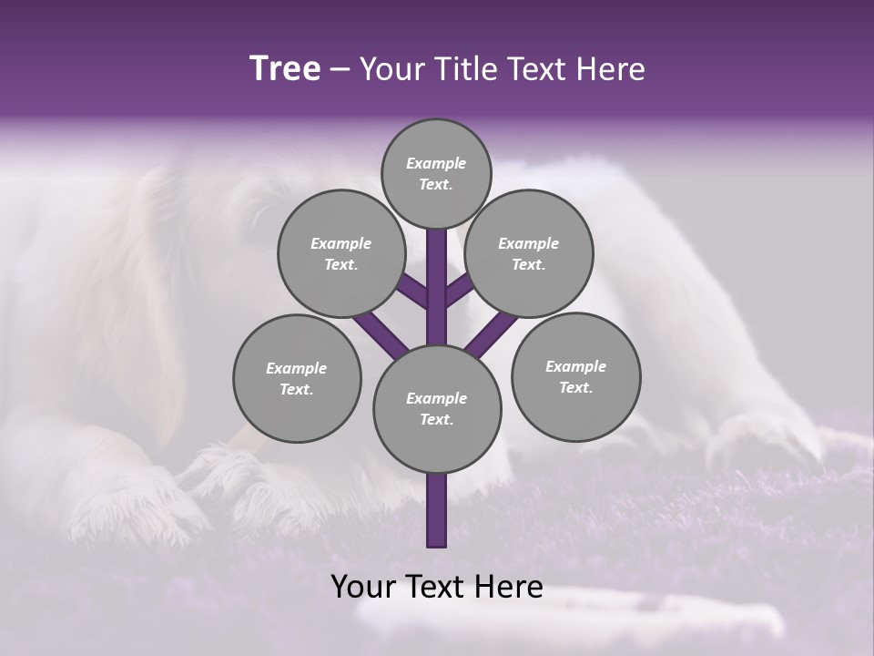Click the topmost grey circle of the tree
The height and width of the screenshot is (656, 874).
(x=436, y=173)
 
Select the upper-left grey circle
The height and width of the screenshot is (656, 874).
(x=341, y=253)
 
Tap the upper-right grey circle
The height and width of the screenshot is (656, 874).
(x=529, y=253)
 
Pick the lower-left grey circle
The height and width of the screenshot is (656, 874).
(x=297, y=378)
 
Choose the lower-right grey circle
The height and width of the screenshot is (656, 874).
(x=575, y=376)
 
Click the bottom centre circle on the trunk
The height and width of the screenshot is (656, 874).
(x=437, y=408)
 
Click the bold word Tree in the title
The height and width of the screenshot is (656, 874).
(x=285, y=69)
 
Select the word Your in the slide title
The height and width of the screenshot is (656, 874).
(x=391, y=69)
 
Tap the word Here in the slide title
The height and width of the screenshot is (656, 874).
(x=610, y=69)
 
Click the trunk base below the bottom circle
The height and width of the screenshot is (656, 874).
(x=437, y=510)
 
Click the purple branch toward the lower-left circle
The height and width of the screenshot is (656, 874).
(x=381, y=333)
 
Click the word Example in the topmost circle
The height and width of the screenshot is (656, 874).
(x=436, y=163)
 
